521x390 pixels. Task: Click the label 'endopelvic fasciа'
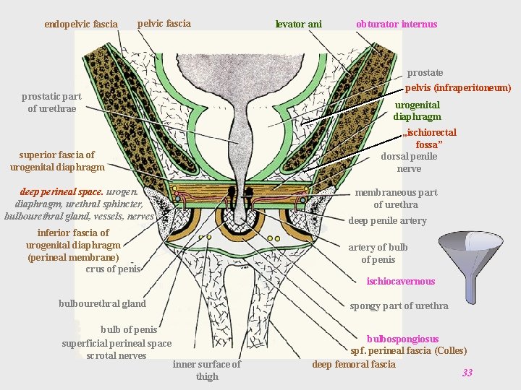[80, 25]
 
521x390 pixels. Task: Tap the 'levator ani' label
[298, 25]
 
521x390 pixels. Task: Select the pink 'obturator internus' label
[396, 25]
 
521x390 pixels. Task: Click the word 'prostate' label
[425, 73]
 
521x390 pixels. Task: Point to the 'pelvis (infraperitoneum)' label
[457, 88]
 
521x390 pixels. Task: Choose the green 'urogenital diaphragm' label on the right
[417, 111]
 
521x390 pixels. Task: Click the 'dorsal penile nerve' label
[408, 162]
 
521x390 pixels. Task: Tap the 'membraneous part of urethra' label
[395, 199]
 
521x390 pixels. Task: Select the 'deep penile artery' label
[387, 221]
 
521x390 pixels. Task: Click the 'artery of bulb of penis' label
[378, 253]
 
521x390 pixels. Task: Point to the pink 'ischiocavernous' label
[400, 282]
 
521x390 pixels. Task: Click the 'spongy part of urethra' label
[399, 306]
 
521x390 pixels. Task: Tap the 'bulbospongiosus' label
[402, 339]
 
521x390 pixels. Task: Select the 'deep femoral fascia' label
[353, 365]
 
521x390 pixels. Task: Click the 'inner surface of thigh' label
[206, 370]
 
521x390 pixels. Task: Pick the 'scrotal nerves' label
[116, 355]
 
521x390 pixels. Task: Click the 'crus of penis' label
[113, 269]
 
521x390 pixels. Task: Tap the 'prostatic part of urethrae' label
[51, 103]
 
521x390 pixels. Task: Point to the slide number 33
[467, 373]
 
